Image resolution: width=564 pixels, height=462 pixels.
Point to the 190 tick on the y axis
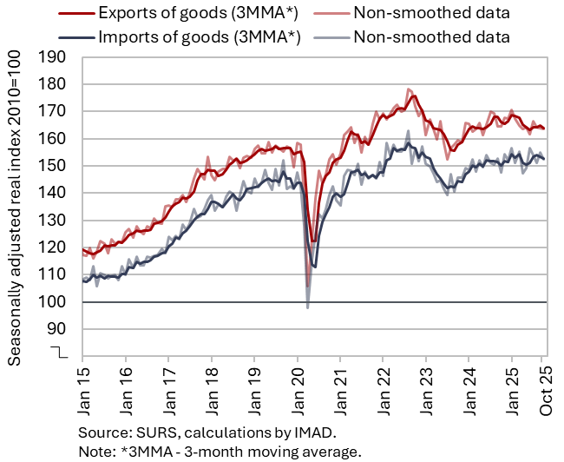pos(54,57)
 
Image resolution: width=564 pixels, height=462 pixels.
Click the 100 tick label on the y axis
pos(54,302)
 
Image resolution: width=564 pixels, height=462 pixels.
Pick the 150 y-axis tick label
pos(54,166)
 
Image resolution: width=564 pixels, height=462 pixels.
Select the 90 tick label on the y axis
pos(58,329)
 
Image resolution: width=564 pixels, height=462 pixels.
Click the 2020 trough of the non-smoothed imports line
pos(308,307)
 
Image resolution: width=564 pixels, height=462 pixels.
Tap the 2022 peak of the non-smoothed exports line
pos(408,89)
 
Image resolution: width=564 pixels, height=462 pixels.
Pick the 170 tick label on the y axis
pos(54,111)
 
